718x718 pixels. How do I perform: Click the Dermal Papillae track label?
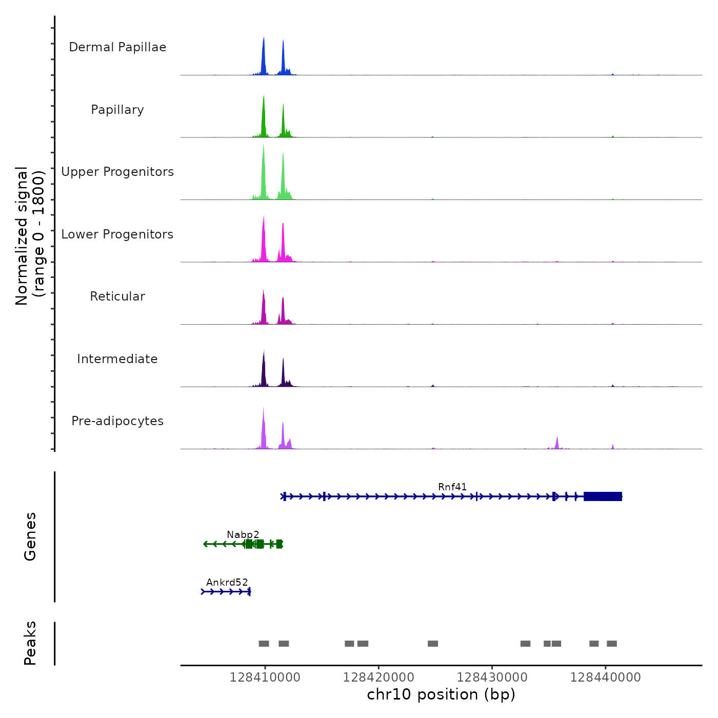click(117, 47)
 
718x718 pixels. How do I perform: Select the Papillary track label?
click(117, 110)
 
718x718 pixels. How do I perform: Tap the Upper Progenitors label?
click(117, 172)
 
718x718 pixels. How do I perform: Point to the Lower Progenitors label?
click(117, 234)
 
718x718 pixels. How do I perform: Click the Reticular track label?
click(117, 296)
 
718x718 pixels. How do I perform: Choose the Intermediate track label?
click(117, 359)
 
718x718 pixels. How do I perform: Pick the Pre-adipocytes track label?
click(117, 421)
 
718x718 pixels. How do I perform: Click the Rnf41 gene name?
click(452, 487)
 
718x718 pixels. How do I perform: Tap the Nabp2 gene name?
click(243, 535)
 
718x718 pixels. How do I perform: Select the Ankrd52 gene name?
click(227, 583)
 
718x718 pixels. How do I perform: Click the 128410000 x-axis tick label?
click(265, 677)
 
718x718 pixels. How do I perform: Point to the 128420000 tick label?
click(378, 677)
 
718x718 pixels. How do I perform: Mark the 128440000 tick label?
click(606, 677)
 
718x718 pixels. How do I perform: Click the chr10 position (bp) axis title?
click(441, 694)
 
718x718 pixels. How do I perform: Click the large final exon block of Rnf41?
click(603, 496)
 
